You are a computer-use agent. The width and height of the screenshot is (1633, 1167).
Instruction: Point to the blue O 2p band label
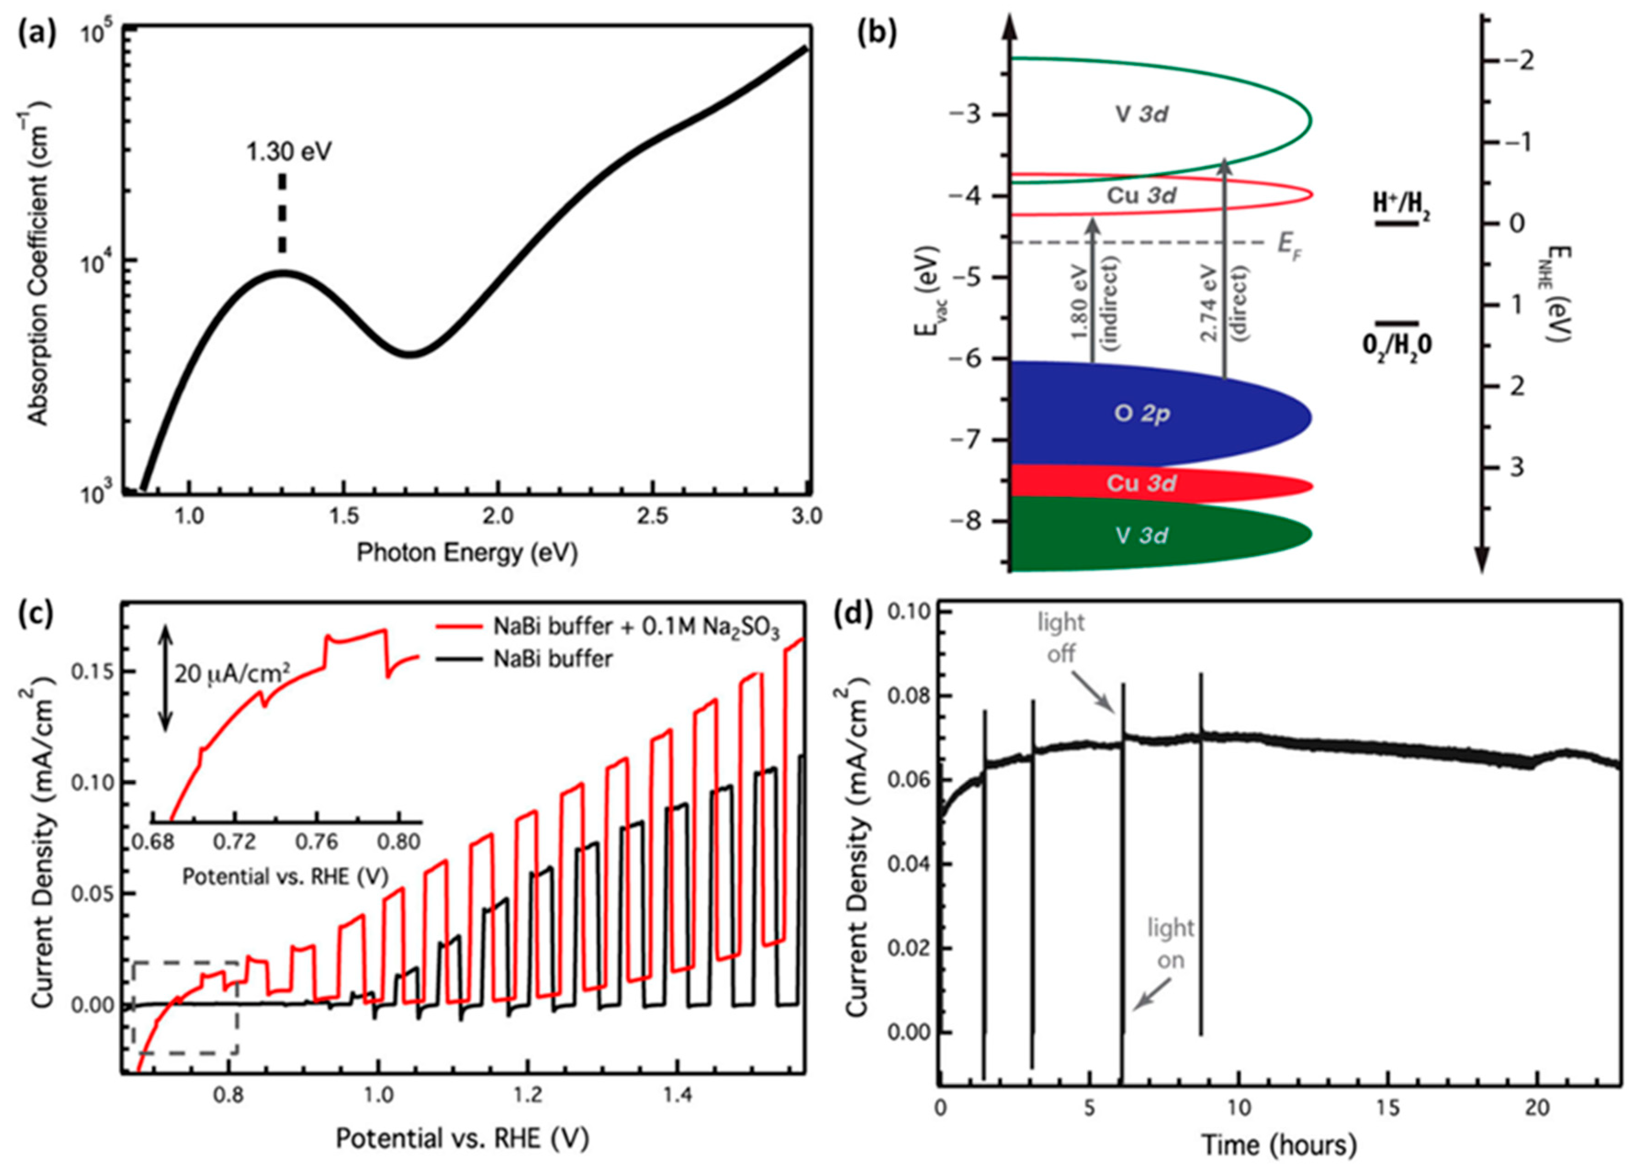pos(1142,414)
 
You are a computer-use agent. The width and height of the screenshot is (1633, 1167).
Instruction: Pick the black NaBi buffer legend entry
pos(552,659)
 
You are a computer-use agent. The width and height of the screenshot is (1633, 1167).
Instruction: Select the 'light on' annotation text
pos(1170,943)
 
